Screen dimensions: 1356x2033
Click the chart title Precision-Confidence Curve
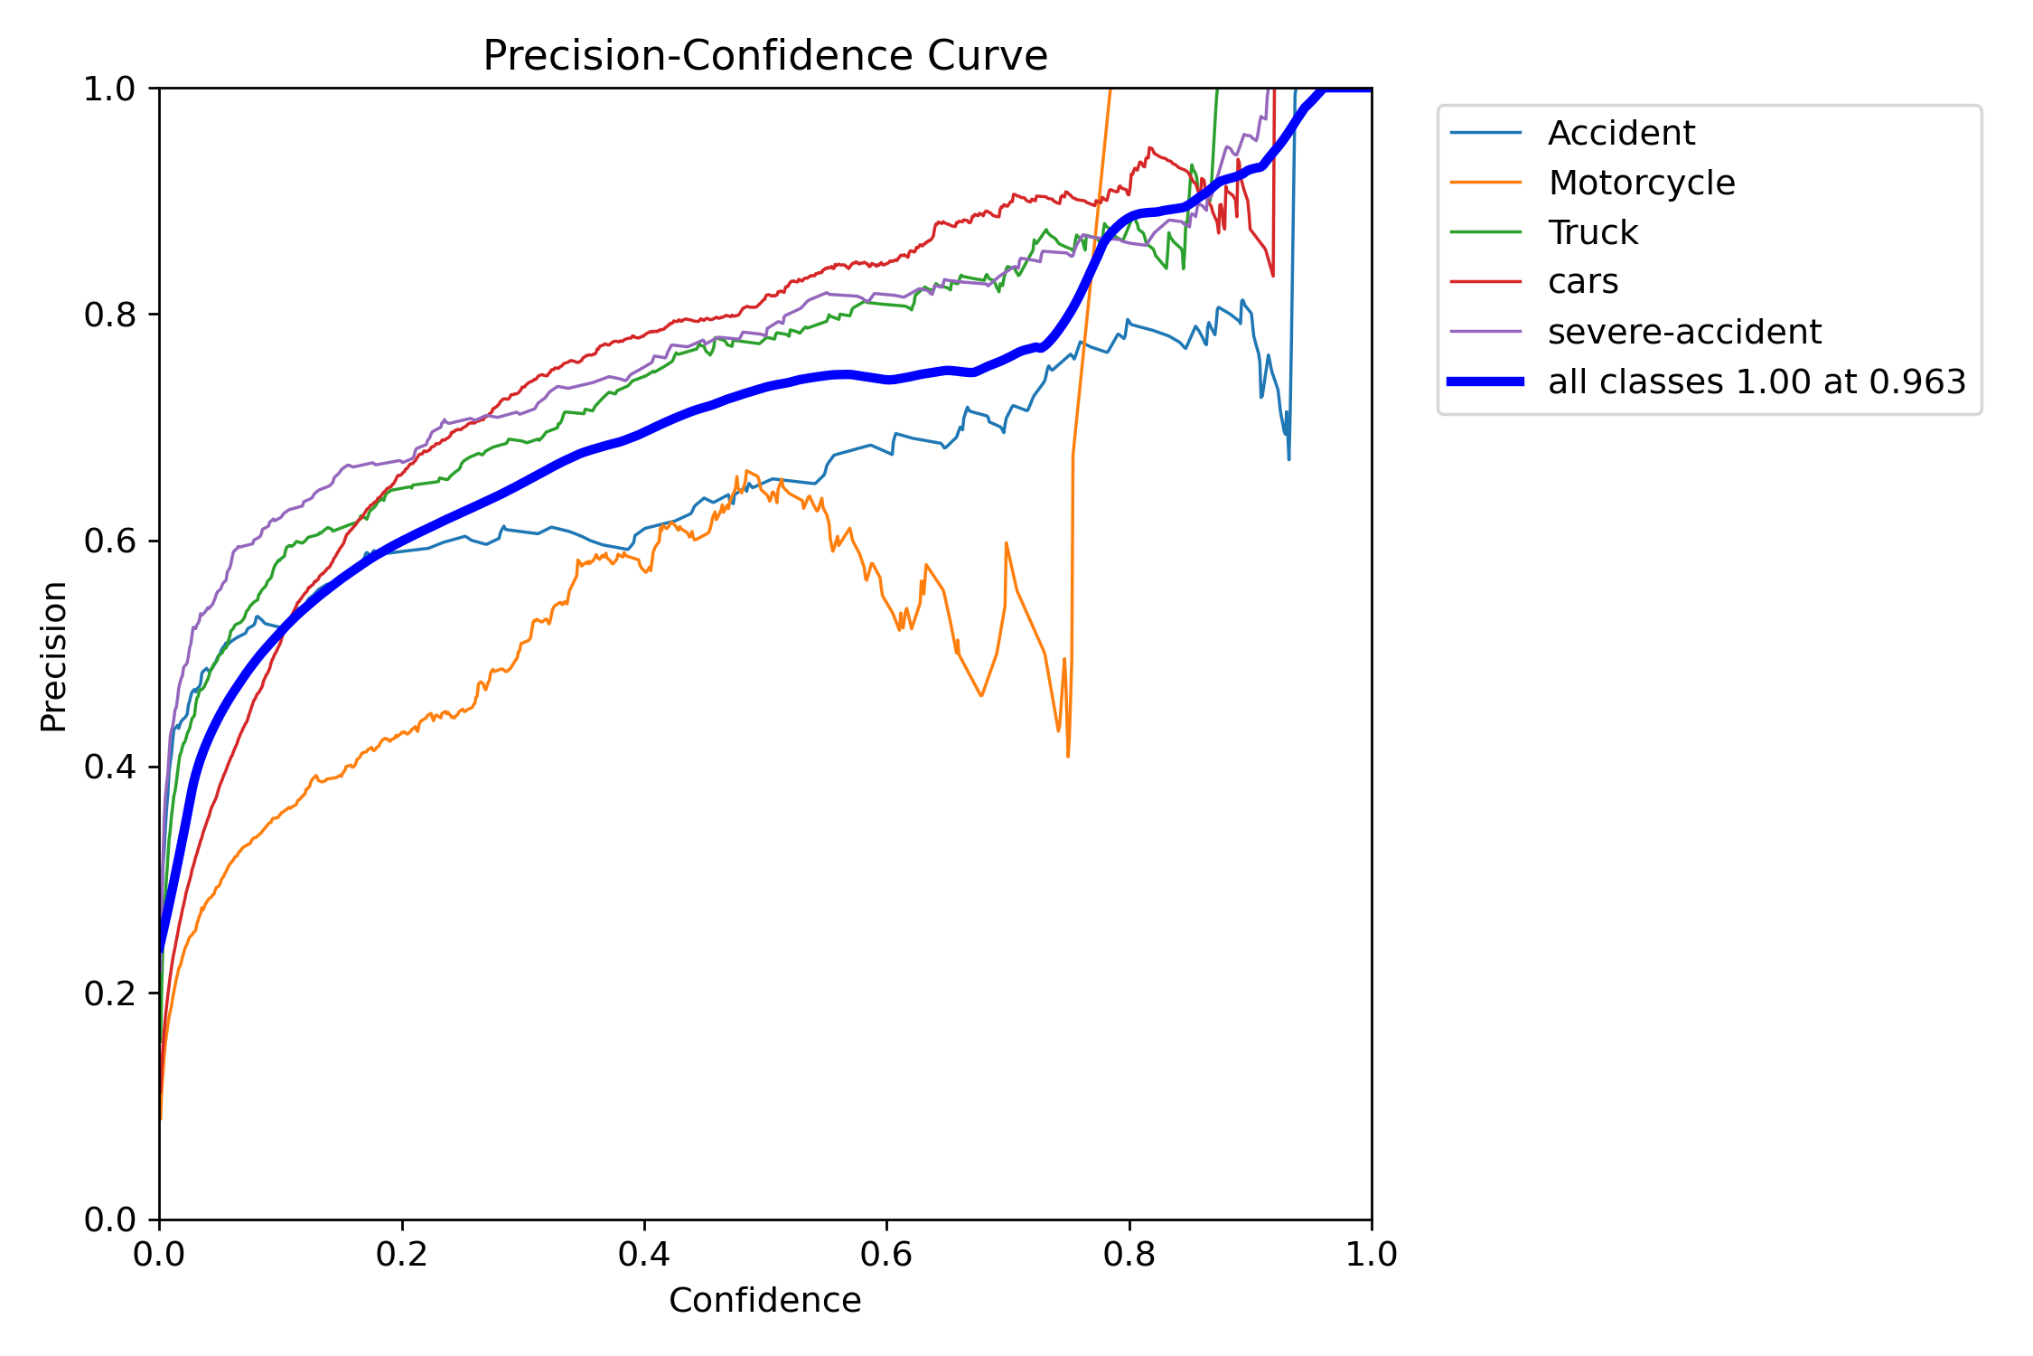coord(764,56)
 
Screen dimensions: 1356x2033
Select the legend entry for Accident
coord(1621,133)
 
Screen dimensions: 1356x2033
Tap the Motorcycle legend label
coord(1641,183)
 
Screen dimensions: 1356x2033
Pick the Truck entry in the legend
coord(1592,232)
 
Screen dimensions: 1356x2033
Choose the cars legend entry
coord(1582,282)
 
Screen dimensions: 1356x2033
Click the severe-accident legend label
coord(1684,332)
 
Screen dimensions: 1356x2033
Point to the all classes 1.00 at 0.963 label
coord(1757,381)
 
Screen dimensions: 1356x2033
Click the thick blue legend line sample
coord(1485,381)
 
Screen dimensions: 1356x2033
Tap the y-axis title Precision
coord(53,656)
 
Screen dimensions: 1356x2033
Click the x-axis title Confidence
coord(764,1300)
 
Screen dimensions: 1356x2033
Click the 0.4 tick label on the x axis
coord(644,1255)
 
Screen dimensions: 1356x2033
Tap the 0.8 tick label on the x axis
coord(1129,1255)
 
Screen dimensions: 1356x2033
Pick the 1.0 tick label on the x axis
coord(1371,1255)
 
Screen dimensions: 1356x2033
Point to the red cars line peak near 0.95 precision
coord(1149,148)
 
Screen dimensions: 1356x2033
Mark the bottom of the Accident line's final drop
coord(1288,459)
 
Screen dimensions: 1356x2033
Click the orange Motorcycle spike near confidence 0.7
coord(1006,543)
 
